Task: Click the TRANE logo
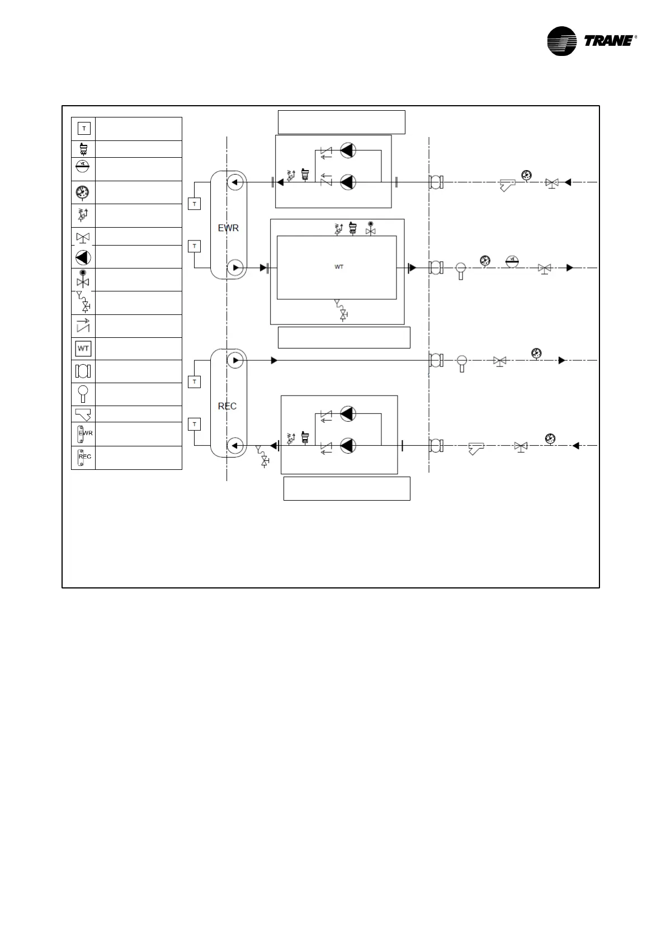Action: pyautogui.click(x=591, y=41)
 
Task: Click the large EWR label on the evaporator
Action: pyautogui.click(x=228, y=228)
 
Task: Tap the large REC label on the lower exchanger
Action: pyautogui.click(x=227, y=406)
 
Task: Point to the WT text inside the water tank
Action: pyautogui.click(x=339, y=267)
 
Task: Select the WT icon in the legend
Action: pyautogui.click(x=83, y=348)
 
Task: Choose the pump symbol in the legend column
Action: pyautogui.click(x=83, y=257)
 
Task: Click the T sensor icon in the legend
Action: pyautogui.click(x=83, y=129)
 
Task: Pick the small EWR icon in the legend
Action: pyautogui.click(x=83, y=434)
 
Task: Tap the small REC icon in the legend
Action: pyautogui.click(x=83, y=457)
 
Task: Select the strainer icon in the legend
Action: pyautogui.click(x=83, y=414)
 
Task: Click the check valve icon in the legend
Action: pyautogui.click(x=83, y=326)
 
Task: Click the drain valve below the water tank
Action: pyautogui.click(x=342, y=310)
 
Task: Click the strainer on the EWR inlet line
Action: pyautogui.click(x=507, y=185)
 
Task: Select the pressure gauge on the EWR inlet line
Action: pyautogui.click(x=526, y=175)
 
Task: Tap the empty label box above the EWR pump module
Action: pyautogui.click(x=341, y=122)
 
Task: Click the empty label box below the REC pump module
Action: pyautogui.click(x=347, y=488)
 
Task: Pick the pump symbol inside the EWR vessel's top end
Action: pyautogui.click(x=235, y=182)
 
